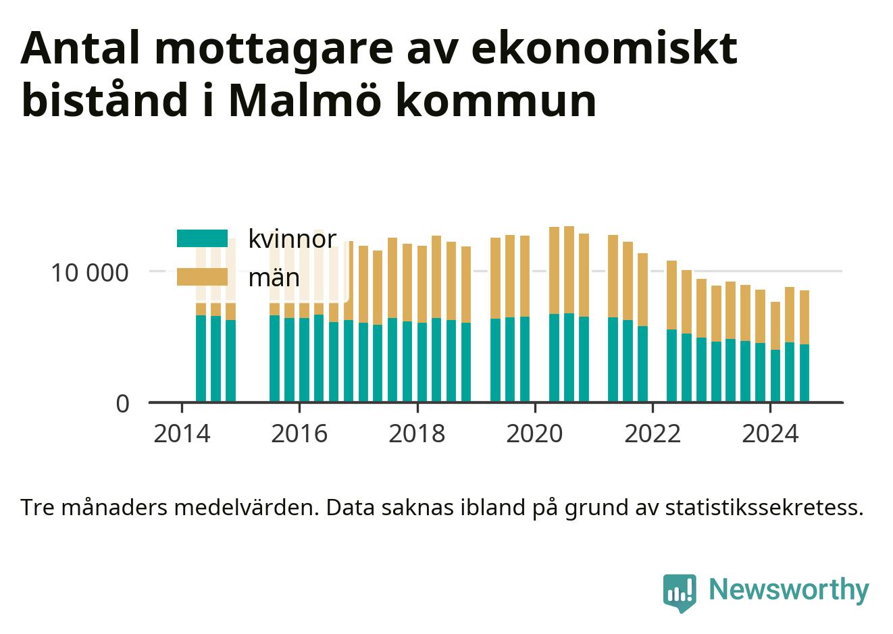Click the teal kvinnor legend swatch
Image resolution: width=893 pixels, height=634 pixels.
[202, 238]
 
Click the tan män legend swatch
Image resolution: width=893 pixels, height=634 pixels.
[202, 277]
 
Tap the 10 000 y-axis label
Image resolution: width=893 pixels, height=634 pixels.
[90, 273]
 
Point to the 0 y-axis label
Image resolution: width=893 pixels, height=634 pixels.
[123, 404]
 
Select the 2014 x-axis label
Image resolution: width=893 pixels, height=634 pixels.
[182, 434]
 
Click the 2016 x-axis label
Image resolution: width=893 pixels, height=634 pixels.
[299, 434]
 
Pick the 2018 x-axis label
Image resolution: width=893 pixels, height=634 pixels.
[417, 434]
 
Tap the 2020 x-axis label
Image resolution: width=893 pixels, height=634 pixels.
[534, 434]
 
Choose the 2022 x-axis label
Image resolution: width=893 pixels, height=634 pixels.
[653, 434]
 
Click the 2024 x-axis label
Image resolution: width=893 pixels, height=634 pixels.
[770, 434]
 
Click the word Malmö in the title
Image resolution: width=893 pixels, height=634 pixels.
[305, 99]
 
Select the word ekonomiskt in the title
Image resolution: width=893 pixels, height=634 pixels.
[605, 48]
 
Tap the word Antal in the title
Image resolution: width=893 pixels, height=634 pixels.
[80, 48]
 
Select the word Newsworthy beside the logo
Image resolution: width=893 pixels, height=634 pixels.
[789, 589]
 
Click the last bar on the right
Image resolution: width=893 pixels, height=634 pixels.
[805, 346]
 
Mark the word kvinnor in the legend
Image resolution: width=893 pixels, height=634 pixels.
[292, 239]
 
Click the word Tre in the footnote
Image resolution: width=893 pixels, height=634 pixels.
[37, 508]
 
